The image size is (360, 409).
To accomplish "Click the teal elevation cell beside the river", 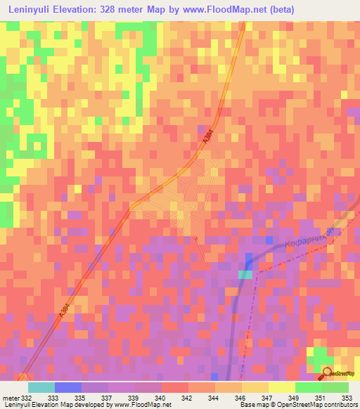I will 245,274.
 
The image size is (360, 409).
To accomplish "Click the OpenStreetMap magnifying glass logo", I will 328,373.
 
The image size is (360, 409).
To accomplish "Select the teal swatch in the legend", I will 41,387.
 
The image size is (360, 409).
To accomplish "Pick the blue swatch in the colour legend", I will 67,387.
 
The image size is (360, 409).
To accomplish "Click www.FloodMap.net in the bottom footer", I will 143,405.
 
